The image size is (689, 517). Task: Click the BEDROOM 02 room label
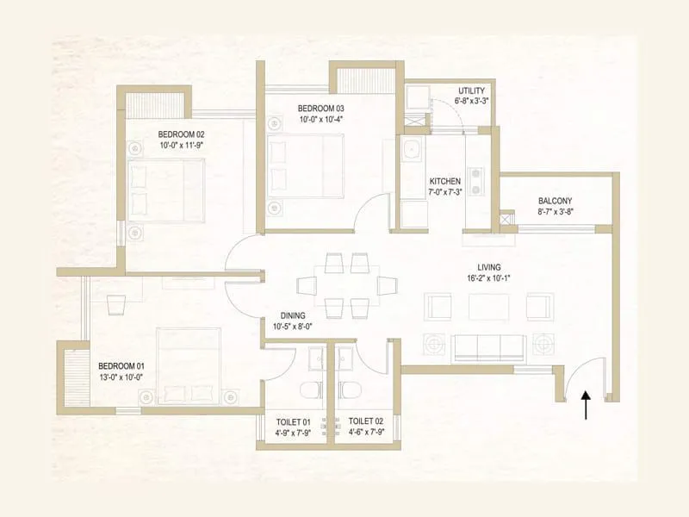click(x=180, y=134)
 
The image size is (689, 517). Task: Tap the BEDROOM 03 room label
click(x=320, y=108)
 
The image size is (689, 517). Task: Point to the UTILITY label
click(x=471, y=90)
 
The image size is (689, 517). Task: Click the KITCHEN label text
click(x=445, y=181)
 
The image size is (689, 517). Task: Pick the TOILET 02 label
click(x=367, y=421)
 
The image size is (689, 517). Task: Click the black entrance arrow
click(x=587, y=405)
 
